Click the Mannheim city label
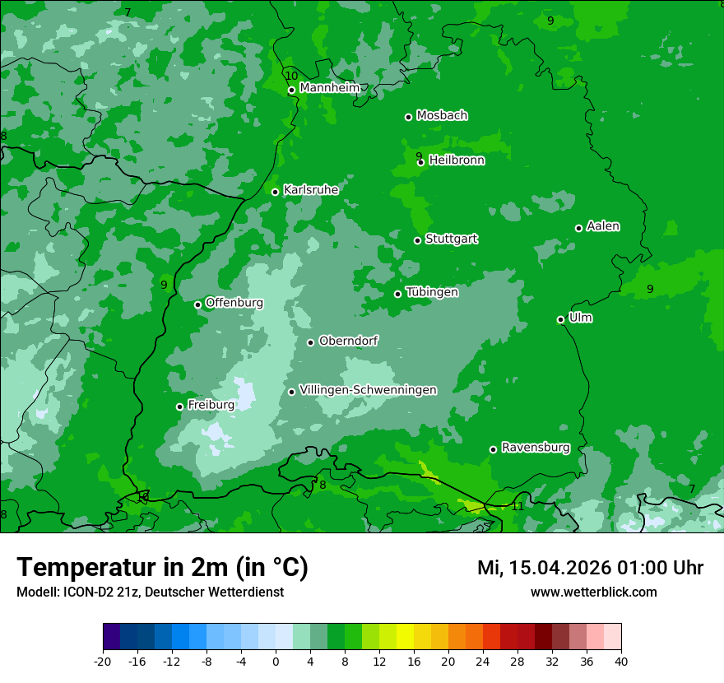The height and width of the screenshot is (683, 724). click(x=329, y=88)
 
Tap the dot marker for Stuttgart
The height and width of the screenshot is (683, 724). click(x=417, y=240)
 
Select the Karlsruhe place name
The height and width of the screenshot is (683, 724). click(x=310, y=190)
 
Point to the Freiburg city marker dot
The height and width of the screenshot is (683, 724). click(x=179, y=407)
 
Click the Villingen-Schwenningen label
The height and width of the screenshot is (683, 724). click(x=368, y=390)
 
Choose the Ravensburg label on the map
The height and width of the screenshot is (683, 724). click(x=535, y=448)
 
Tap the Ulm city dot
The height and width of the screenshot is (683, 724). click(x=560, y=319)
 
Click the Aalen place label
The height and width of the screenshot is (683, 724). click(x=602, y=226)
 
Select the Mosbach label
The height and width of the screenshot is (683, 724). click(x=441, y=116)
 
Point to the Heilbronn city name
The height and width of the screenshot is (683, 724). click(x=456, y=160)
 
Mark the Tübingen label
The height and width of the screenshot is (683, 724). click(x=431, y=292)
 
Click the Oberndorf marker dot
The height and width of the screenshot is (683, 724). click(x=310, y=342)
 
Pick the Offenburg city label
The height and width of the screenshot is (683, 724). click(x=234, y=303)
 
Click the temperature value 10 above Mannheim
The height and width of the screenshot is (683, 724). click(x=291, y=76)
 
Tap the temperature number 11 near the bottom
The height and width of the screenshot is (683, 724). click(x=517, y=506)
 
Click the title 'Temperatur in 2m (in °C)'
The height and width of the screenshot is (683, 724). click(x=162, y=567)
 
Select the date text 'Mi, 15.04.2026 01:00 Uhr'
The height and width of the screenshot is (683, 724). click(x=590, y=568)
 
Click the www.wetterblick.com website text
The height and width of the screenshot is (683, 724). click(x=593, y=592)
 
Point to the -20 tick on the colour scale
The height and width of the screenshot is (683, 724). click(x=103, y=661)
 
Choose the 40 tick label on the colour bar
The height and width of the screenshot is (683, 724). click(x=620, y=661)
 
